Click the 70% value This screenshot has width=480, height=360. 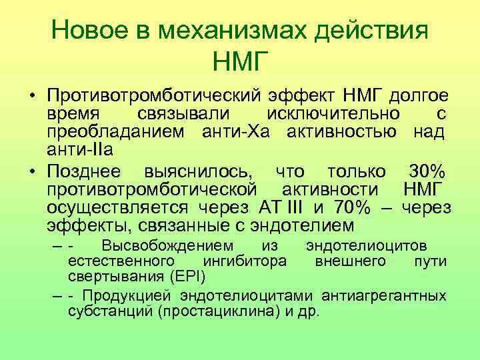pyautogui.click(x=346, y=205)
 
